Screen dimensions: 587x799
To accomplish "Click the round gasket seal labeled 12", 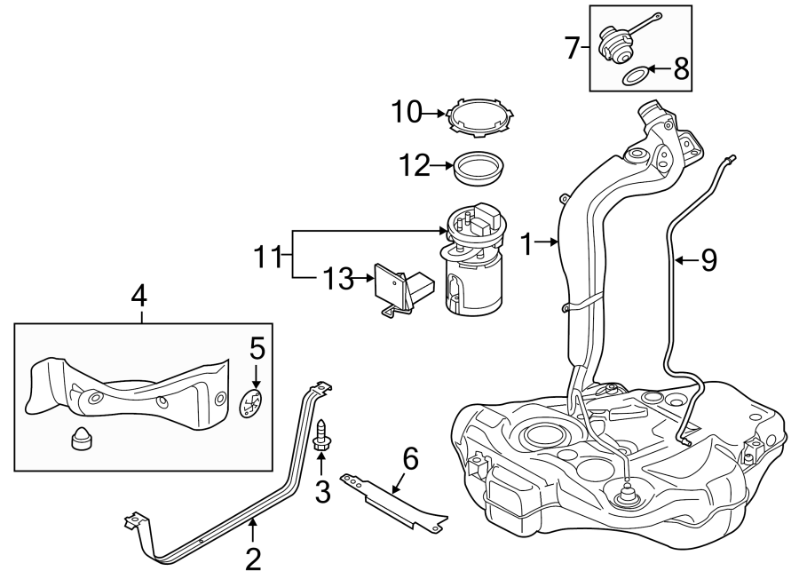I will pyautogui.click(x=478, y=168).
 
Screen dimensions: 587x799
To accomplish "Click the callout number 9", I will pyautogui.click(x=708, y=259).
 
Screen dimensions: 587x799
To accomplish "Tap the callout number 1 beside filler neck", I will pyautogui.click(x=527, y=243).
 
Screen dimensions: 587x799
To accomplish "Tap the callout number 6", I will pyautogui.click(x=409, y=458).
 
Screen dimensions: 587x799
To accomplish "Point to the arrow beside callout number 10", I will pyautogui.click(x=433, y=113).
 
